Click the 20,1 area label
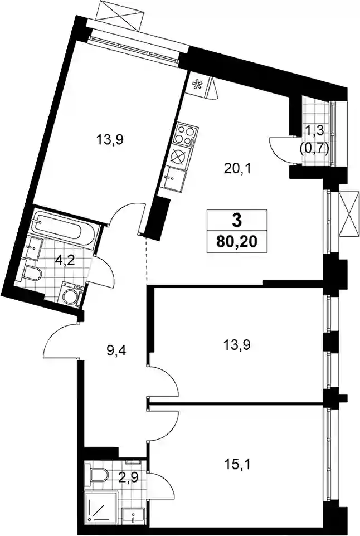237,168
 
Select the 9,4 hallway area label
116,350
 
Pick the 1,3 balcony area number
314,130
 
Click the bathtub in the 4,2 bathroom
63,226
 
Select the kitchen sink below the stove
174,178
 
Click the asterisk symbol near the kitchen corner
197,85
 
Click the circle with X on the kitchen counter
178,157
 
